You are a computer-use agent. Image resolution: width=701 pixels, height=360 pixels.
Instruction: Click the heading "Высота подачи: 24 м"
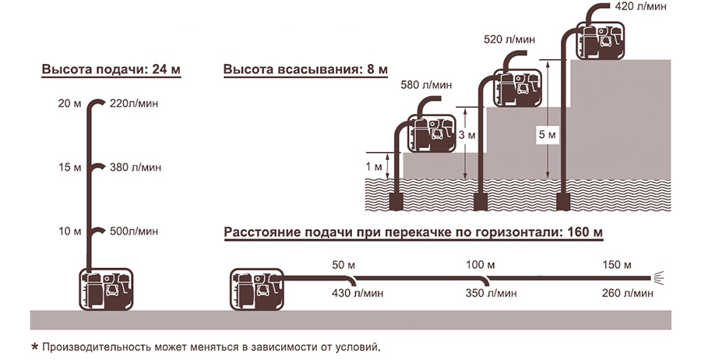tap(111, 70)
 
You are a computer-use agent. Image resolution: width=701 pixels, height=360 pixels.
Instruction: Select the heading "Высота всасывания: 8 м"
tap(305, 70)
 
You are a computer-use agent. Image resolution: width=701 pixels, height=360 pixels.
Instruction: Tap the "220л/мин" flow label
tap(134, 103)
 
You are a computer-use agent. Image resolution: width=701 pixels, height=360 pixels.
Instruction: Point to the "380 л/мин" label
tap(136, 168)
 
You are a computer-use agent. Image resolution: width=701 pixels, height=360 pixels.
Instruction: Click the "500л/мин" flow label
tap(134, 231)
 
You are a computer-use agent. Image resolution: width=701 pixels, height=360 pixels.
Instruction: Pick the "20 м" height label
tap(69, 103)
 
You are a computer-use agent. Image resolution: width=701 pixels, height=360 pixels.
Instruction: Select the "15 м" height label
tap(69, 168)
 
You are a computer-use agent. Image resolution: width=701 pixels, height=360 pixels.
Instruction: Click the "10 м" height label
tap(69, 231)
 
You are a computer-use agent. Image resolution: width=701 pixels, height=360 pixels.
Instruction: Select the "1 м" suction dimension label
tap(375, 166)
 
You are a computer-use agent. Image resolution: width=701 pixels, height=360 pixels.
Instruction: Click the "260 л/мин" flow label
tap(627, 293)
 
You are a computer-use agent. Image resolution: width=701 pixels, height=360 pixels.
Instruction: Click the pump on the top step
tap(601, 39)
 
